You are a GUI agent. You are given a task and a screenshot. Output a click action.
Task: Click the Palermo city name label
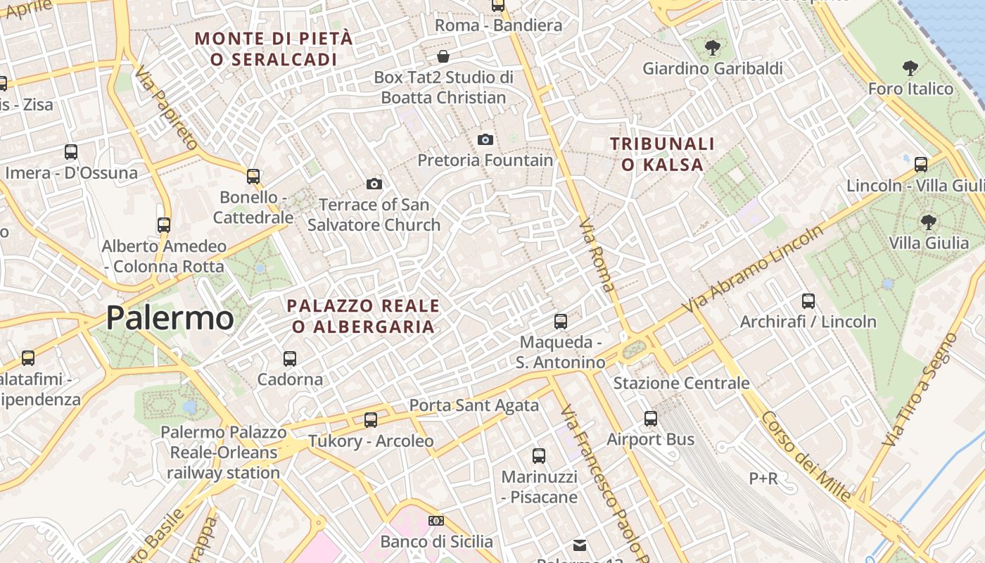[x=170, y=318]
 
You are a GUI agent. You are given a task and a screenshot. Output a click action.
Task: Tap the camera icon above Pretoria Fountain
[x=485, y=139]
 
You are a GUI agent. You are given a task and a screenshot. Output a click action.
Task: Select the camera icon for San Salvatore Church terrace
[x=374, y=184]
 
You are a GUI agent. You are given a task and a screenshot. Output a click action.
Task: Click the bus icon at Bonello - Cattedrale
[x=253, y=177]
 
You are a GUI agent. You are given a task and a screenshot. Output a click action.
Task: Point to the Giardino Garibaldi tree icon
[x=713, y=48]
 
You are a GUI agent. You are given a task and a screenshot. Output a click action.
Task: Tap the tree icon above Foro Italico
[x=910, y=68]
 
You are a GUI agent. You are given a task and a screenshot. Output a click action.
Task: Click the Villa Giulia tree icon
[x=929, y=222]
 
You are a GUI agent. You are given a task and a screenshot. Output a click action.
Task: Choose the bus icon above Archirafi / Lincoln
[x=808, y=301]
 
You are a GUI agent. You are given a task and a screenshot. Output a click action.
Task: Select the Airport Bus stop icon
[x=651, y=419]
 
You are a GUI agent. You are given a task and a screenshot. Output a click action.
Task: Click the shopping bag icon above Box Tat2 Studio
[x=443, y=56]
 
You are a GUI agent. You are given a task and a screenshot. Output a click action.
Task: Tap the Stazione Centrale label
[x=681, y=384]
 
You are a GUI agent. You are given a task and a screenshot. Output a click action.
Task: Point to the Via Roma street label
[x=597, y=254]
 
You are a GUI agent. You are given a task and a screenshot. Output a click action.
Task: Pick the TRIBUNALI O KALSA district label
[x=662, y=154]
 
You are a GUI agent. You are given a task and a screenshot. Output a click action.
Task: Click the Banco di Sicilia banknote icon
[x=436, y=521]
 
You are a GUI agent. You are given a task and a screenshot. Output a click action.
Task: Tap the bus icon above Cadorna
[x=290, y=359]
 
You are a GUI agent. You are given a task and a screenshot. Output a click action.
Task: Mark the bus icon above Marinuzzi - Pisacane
[x=539, y=456]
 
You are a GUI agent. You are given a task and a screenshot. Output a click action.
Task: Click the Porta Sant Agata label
[x=474, y=405]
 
